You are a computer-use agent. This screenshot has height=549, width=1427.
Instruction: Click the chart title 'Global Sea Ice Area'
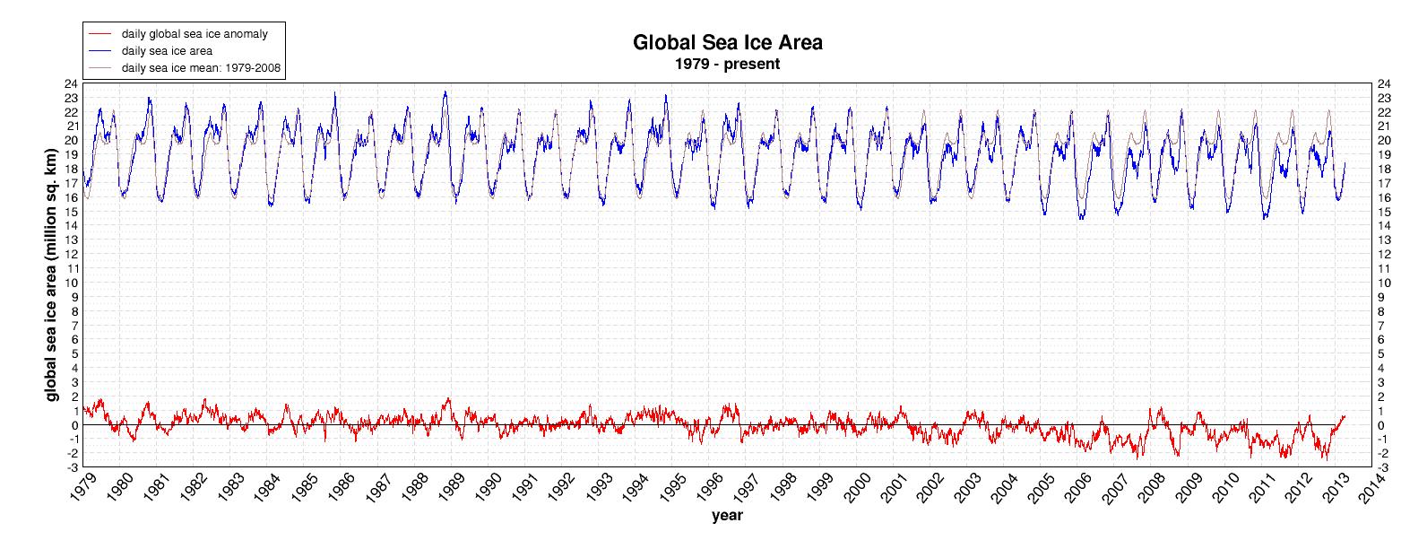pos(727,43)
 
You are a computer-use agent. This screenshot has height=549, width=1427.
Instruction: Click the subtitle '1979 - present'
pos(727,65)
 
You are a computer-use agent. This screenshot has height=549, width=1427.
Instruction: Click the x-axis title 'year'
pos(726,516)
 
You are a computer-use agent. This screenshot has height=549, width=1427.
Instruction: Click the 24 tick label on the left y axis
pos(70,83)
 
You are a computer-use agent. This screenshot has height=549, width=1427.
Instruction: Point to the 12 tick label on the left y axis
pos(70,254)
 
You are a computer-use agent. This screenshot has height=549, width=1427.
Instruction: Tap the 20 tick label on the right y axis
pos(1385,140)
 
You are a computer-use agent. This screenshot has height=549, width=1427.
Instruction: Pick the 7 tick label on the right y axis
pos(1382,325)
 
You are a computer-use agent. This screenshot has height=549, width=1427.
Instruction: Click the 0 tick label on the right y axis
pos(1382,425)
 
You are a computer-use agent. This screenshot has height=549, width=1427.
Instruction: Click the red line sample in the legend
pos(99,33)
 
